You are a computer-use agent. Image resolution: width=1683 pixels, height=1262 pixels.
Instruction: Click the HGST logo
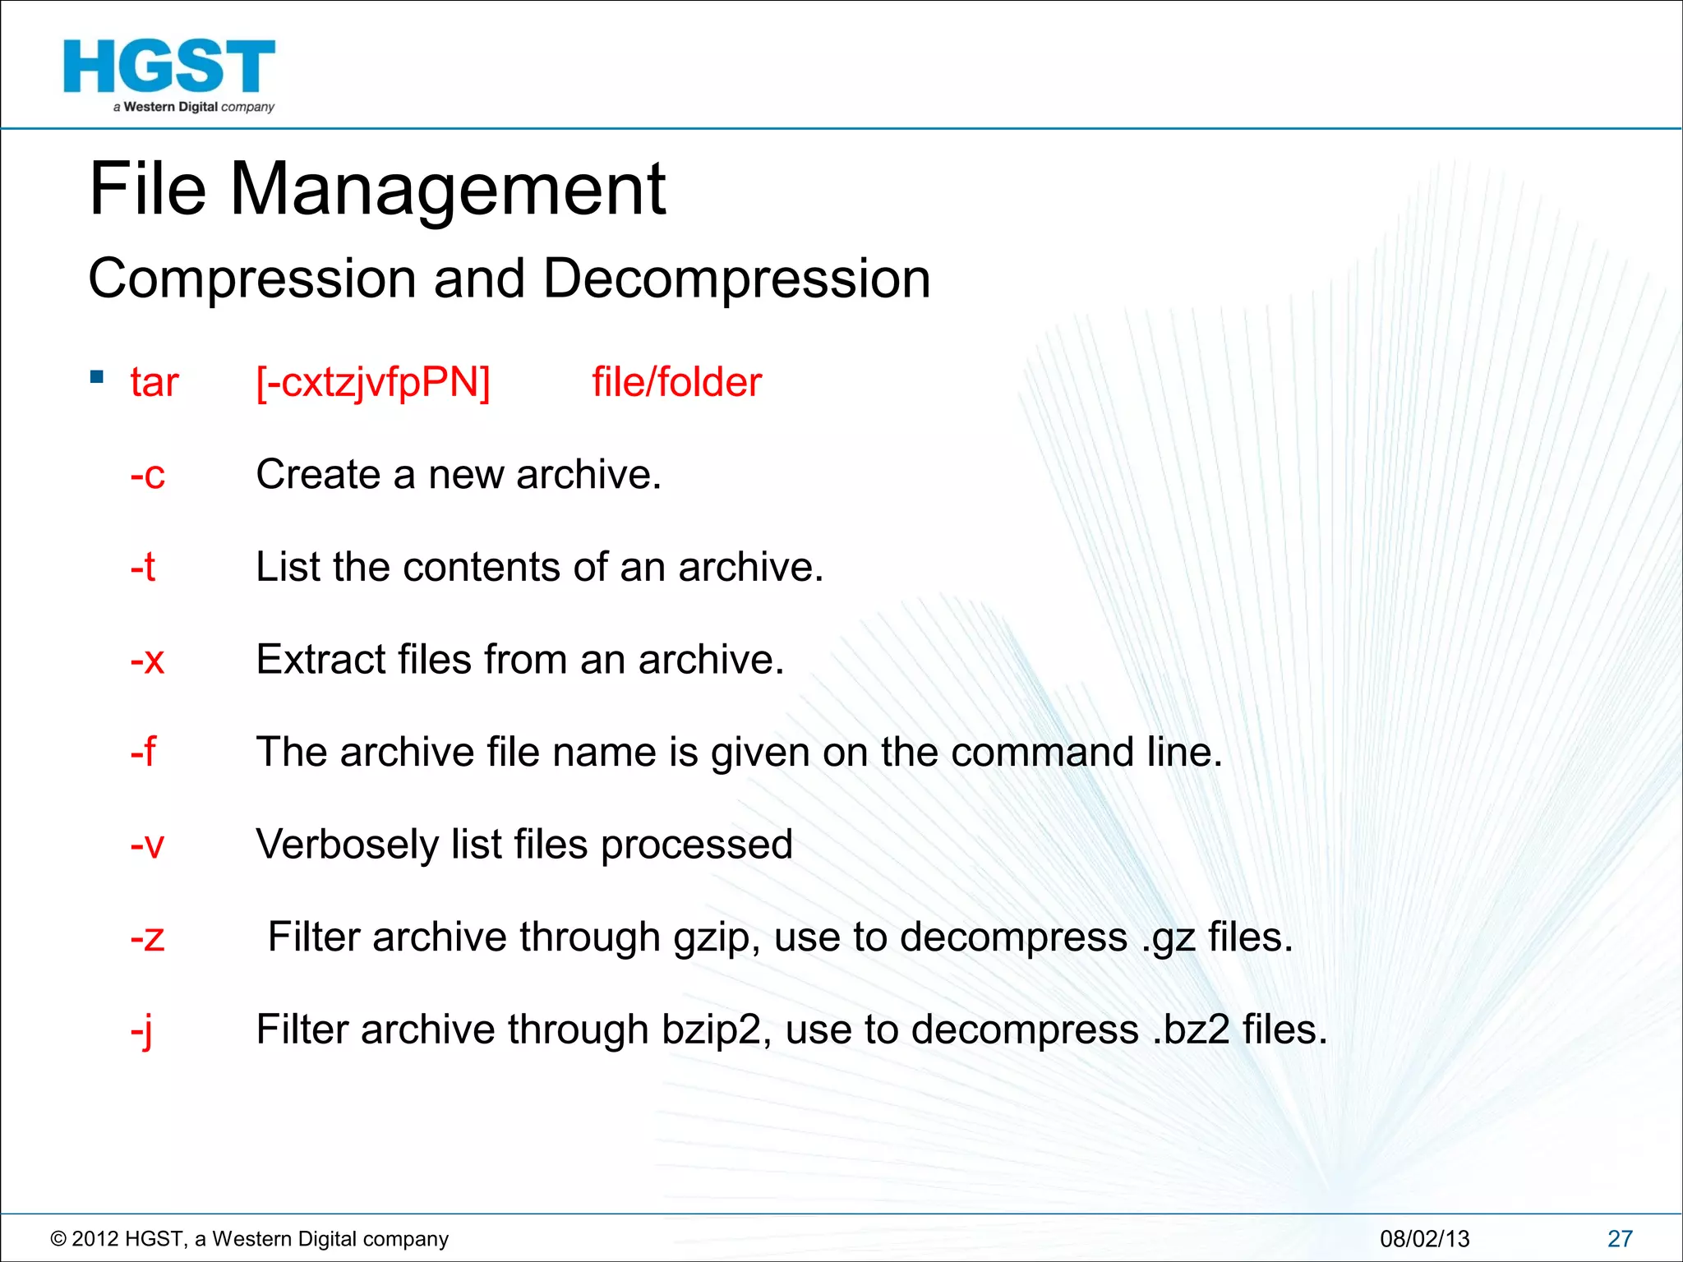click(169, 74)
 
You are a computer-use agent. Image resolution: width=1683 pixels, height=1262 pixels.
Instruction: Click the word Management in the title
click(447, 191)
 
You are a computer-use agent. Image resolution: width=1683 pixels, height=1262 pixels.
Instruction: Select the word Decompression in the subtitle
click(736, 279)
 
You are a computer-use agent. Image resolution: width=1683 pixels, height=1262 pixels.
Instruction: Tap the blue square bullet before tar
click(97, 377)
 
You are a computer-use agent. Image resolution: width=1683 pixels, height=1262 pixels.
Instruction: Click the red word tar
click(154, 383)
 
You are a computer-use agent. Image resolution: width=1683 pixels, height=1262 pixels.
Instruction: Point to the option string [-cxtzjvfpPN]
click(373, 383)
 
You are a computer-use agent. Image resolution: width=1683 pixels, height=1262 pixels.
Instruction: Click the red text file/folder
click(676, 383)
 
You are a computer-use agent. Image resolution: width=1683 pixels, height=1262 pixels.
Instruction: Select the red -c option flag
click(148, 475)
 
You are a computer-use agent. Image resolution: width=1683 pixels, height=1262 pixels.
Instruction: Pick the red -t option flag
click(143, 567)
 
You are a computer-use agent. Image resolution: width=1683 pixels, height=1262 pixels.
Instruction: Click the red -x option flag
click(148, 660)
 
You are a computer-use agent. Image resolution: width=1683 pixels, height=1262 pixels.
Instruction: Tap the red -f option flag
click(143, 752)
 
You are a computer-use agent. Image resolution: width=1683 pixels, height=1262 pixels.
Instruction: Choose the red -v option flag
click(148, 845)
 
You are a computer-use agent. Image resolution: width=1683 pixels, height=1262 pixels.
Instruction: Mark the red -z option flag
click(148, 937)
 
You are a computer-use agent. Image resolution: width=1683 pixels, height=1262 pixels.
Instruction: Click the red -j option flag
click(141, 1030)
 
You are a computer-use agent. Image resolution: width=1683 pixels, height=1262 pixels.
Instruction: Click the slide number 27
click(1620, 1238)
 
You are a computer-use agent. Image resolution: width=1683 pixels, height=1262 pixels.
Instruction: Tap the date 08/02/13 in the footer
click(1424, 1238)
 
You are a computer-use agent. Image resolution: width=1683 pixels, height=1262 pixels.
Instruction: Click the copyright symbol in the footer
click(58, 1239)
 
